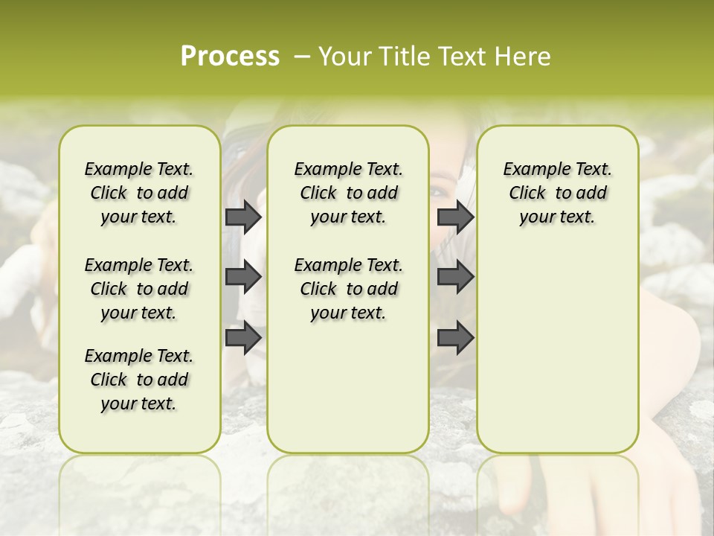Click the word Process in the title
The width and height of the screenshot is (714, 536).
click(x=230, y=57)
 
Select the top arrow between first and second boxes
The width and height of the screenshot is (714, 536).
click(x=242, y=217)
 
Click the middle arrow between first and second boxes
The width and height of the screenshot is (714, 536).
click(x=242, y=278)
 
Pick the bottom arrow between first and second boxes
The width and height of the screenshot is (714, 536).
click(x=242, y=338)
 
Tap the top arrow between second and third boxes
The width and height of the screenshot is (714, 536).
click(x=455, y=217)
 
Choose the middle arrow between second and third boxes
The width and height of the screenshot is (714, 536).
click(x=455, y=278)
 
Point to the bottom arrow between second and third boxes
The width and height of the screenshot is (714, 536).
click(x=455, y=338)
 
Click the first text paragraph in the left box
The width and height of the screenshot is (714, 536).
click(x=139, y=193)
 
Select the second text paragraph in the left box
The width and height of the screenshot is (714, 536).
click(x=139, y=289)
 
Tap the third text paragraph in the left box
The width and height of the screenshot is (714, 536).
click(x=139, y=380)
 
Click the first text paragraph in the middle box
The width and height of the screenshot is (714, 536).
click(x=348, y=193)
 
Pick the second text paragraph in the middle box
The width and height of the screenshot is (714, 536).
click(x=348, y=289)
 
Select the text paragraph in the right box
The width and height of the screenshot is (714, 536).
click(x=557, y=193)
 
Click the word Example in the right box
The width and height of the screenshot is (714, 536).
click(x=530, y=170)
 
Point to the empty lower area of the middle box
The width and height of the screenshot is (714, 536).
click(x=348, y=387)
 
